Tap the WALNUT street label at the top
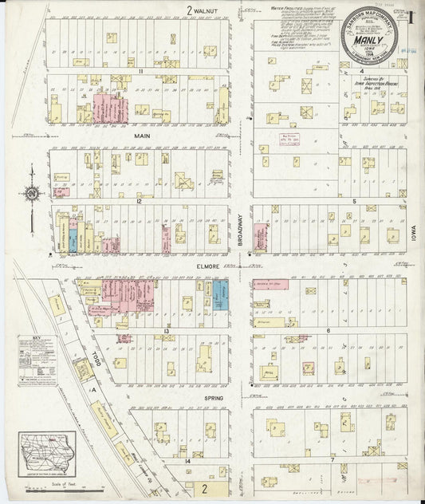point(204,10)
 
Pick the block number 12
point(139,201)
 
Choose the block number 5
point(352,201)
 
